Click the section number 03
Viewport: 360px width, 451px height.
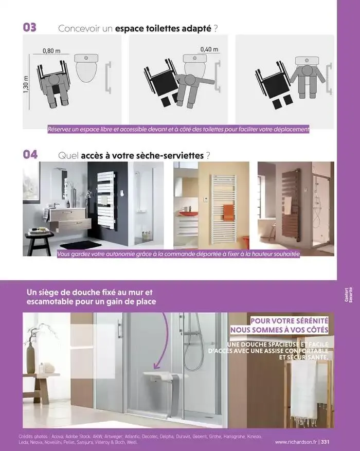(29, 28)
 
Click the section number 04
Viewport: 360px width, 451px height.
(30, 154)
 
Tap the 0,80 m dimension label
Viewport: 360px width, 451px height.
(51, 51)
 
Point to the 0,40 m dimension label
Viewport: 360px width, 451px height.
(208, 49)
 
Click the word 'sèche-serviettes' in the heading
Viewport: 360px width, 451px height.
(174, 155)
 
